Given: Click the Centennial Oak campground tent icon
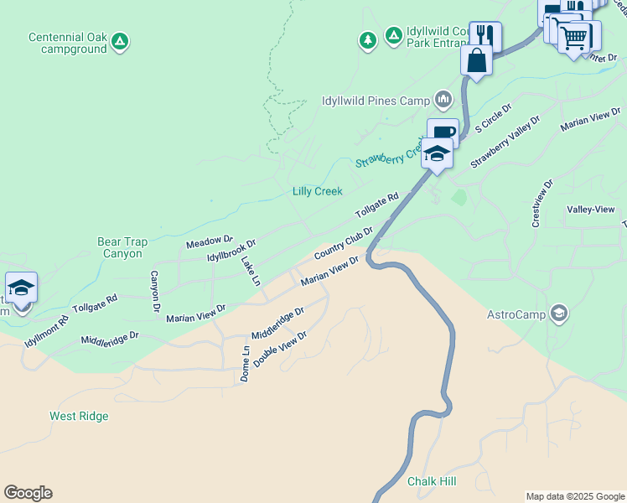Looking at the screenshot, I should coord(120,40).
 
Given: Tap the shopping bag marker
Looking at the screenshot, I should coord(476,61).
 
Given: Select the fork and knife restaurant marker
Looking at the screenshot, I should coord(485,36).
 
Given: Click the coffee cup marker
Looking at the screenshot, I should coord(443,132).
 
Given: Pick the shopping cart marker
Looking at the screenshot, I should coord(574,37).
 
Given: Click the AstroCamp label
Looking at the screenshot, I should coord(517,315).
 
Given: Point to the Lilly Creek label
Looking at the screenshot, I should coord(317,191).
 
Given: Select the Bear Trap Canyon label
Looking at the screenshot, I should coord(122,247).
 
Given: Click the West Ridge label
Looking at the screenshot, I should coord(79,416).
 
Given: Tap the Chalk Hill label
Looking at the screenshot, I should coord(432,481).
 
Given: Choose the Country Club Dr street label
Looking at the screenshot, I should coord(343,242).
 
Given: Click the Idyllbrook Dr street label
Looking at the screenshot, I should coord(231,250).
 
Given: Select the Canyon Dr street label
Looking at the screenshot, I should coord(155,292).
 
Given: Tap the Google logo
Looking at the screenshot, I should coord(28,493).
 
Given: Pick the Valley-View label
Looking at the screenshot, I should coord(591,210).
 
